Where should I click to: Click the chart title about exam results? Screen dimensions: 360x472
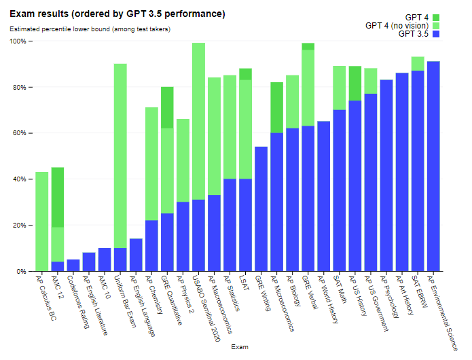[117, 14]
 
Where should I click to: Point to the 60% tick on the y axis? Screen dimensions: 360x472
[18, 133]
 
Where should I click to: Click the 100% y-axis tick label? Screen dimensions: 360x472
[16, 41]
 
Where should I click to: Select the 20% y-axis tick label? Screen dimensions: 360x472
[18, 226]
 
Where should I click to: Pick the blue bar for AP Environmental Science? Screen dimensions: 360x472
[433, 166]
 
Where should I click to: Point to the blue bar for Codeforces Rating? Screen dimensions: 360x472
[73, 265]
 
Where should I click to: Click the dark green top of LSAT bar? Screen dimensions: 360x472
[245, 74]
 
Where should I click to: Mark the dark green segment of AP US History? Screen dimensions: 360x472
[355, 83]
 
